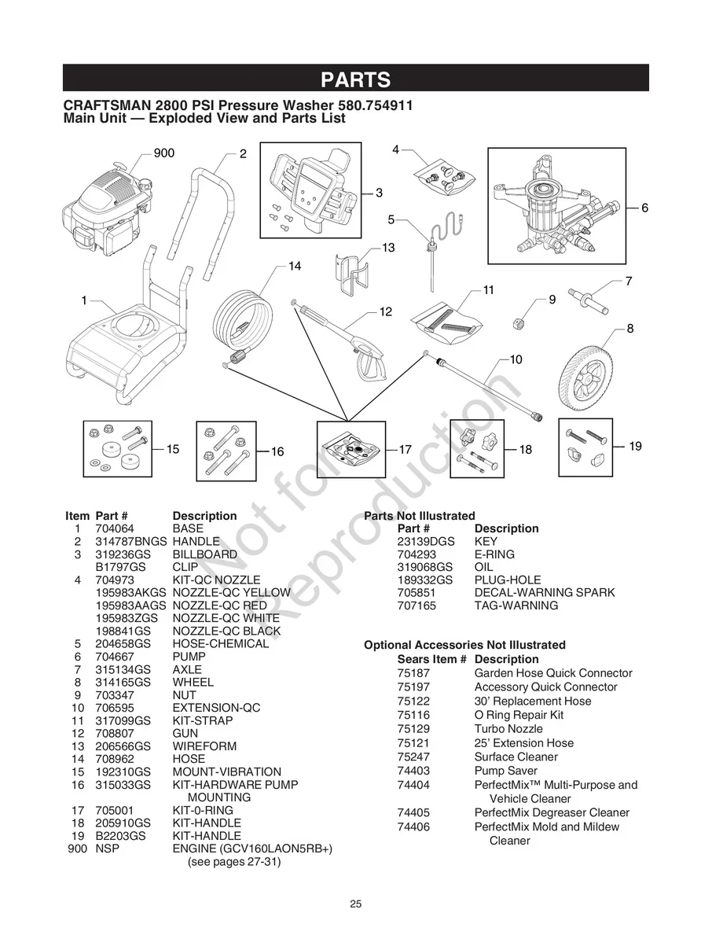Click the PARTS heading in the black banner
355,79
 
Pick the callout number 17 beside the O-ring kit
406,450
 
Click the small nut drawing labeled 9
519,322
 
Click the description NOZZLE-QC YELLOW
226,592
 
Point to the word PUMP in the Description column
189,656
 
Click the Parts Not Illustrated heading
420,516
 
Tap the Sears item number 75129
413,729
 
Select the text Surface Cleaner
516,757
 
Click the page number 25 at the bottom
356,904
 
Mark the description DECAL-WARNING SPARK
544,592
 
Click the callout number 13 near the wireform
388,248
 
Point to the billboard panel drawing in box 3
312,189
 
